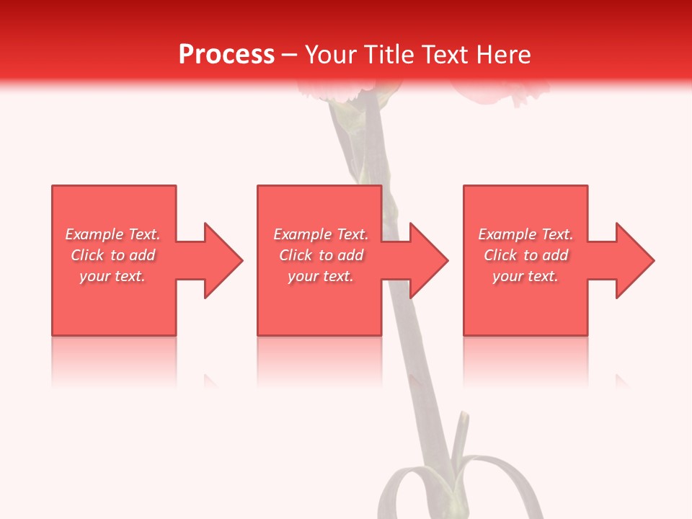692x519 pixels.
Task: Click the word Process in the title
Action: [226, 55]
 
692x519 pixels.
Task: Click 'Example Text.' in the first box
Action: [112, 234]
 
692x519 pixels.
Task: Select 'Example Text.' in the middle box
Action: [321, 234]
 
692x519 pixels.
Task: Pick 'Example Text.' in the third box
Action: [525, 234]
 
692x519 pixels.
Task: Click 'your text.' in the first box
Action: [112, 276]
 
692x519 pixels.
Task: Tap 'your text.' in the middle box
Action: [321, 276]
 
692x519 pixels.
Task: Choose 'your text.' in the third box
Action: [525, 276]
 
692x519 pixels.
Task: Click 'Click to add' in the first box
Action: [112, 255]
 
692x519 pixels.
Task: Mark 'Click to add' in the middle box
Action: [321, 255]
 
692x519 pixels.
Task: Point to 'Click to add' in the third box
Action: [525, 255]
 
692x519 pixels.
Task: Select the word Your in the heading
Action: [332, 55]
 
